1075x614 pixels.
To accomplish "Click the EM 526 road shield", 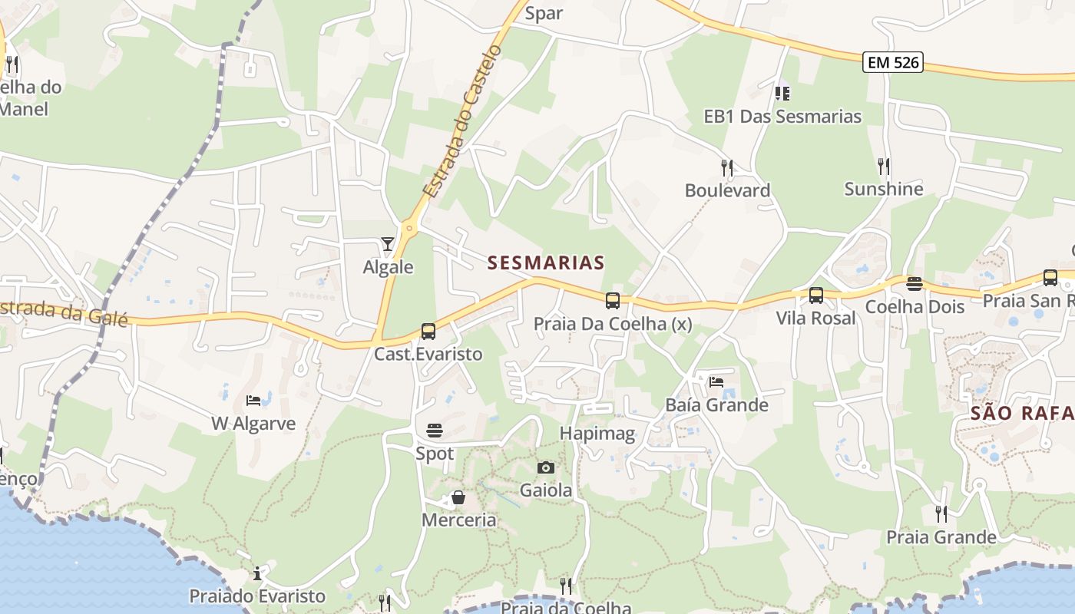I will [892, 62].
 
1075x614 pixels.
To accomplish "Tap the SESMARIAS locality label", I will [546, 262].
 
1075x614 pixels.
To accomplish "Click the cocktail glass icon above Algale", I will [387, 244].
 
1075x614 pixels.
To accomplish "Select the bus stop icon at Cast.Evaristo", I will [428, 332].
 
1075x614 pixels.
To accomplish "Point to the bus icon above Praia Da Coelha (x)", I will [612, 300].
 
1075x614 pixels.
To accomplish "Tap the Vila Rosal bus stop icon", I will [815, 295].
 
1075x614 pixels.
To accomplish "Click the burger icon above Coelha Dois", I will [914, 284].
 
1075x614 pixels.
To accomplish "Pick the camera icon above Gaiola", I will [546, 467].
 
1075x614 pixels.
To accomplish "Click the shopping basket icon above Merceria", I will [458, 497].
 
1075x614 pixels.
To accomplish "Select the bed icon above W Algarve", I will [253, 400].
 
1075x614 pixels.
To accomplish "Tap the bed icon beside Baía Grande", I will [716, 381].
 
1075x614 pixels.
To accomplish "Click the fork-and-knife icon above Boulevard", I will [726, 167].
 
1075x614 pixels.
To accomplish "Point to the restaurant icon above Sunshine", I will [884, 165].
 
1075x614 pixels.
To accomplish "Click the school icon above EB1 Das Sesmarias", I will [782, 93].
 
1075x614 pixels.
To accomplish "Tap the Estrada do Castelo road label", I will [462, 121].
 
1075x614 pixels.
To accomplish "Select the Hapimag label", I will [597, 434].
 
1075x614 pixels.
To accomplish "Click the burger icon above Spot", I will [435, 430].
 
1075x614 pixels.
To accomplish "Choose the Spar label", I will [544, 13].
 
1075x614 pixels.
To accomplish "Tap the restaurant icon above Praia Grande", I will [941, 513].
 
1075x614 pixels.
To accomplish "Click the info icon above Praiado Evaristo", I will [257, 573].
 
